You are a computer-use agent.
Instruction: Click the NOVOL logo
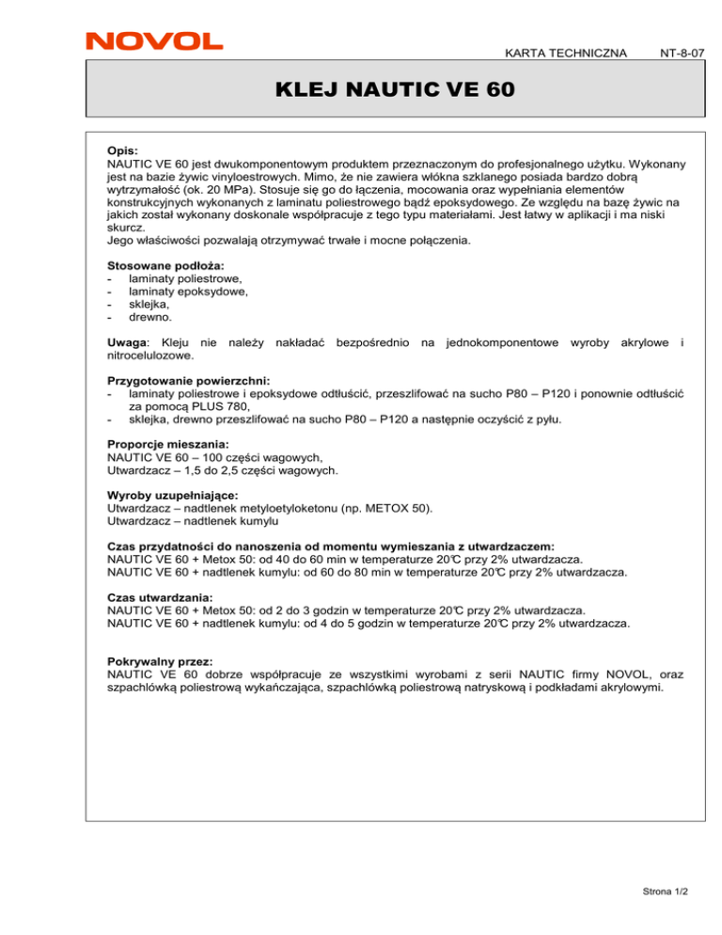154,40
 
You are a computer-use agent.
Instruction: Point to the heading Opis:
123,150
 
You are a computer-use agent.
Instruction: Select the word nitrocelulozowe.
152,357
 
